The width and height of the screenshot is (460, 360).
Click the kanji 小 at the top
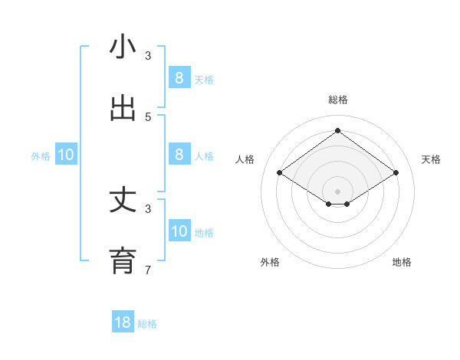pyautogui.click(x=123, y=47)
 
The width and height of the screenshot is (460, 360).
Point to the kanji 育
pyautogui.click(x=123, y=260)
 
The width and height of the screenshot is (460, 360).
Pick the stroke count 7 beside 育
pyautogui.click(x=148, y=270)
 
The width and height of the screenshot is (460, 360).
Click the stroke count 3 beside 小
pyautogui.click(x=148, y=56)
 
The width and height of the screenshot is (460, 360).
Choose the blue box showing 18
pyautogui.click(x=123, y=322)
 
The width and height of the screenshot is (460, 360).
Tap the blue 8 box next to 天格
pyautogui.click(x=179, y=77)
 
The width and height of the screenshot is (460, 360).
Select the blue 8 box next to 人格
pyautogui.click(x=179, y=154)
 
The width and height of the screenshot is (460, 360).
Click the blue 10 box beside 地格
pyautogui.click(x=179, y=231)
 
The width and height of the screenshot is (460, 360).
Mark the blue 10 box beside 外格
pyautogui.click(x=66, y=155)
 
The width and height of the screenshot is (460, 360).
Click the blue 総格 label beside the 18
pyautogui.click(x=147, y=324)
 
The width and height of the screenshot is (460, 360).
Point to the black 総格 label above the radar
pyautogui.click(x=338, y=100)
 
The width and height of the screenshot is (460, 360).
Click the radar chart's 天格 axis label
pyautogui.click(x=432, y=159)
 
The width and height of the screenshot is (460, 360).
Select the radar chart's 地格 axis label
pyautogui.click(x=402, y=262)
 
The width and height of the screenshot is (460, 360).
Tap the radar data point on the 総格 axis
pyautogui.click(x=338, y=130)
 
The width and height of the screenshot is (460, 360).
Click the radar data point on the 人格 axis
pyautogui.click(x=280, y=173)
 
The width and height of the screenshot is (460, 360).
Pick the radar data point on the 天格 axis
pyautogui.click(x=396, y=173)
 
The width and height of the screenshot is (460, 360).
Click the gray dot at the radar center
pyautogui.click(x=338, y=191)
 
